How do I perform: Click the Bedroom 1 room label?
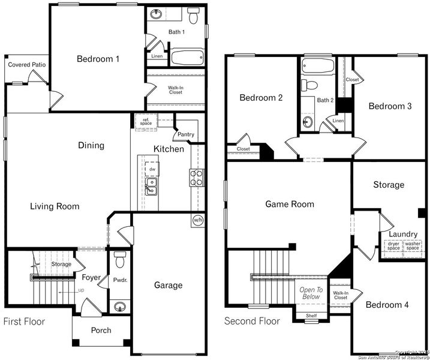(98, 59)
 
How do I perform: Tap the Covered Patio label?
(27, 65)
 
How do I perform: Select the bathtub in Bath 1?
(187, 58)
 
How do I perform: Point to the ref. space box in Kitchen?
(145, 122)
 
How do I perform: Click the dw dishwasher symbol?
(152, 169)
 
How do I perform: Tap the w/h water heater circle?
(197, 220)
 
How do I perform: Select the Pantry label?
(185, 134)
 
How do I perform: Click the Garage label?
(168, 285)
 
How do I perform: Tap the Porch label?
(101, 331)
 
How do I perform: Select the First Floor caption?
(24, 322)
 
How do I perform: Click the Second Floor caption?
(252, 321)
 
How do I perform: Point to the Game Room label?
(290, 204)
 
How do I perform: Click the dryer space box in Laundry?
(393, 246)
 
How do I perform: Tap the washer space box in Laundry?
(413, 246)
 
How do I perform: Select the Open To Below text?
(311, 293)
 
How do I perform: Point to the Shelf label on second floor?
(311, 315)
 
